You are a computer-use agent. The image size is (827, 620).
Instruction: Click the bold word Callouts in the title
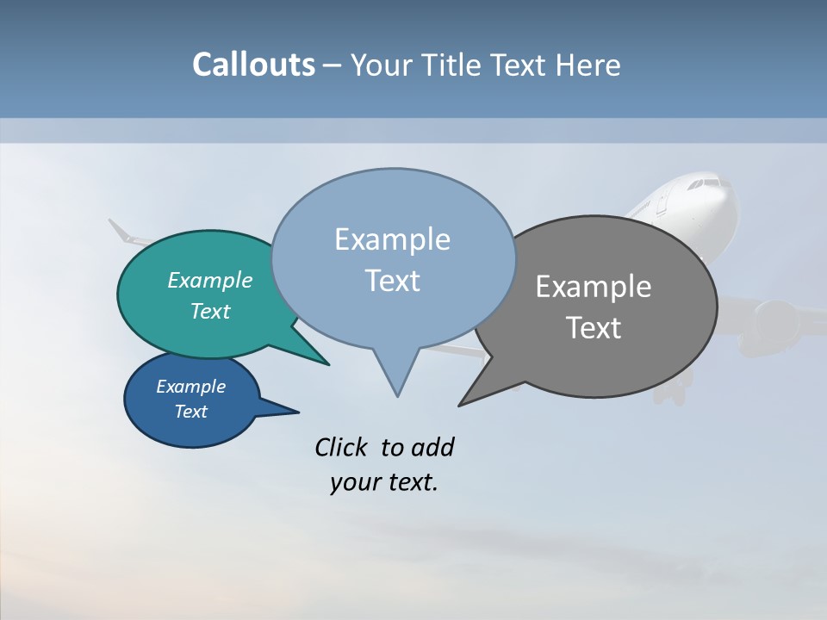(253, 65)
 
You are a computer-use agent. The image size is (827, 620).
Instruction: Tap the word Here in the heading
(589, 65)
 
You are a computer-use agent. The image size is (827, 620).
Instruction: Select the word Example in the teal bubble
(209, 280)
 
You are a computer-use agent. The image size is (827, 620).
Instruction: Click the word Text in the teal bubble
(209, 311)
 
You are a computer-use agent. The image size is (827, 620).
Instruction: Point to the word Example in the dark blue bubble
(190, 387)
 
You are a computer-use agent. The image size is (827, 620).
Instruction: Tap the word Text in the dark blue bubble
(190, 412)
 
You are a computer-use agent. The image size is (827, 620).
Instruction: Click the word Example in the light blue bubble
(392, 239)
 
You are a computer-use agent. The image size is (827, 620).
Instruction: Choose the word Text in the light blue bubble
(392, 281)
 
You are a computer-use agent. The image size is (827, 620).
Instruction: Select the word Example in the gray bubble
(593, 286)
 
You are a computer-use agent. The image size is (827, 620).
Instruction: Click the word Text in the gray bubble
(593, 328)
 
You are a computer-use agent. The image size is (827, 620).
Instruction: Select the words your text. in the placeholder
(384, 482)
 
